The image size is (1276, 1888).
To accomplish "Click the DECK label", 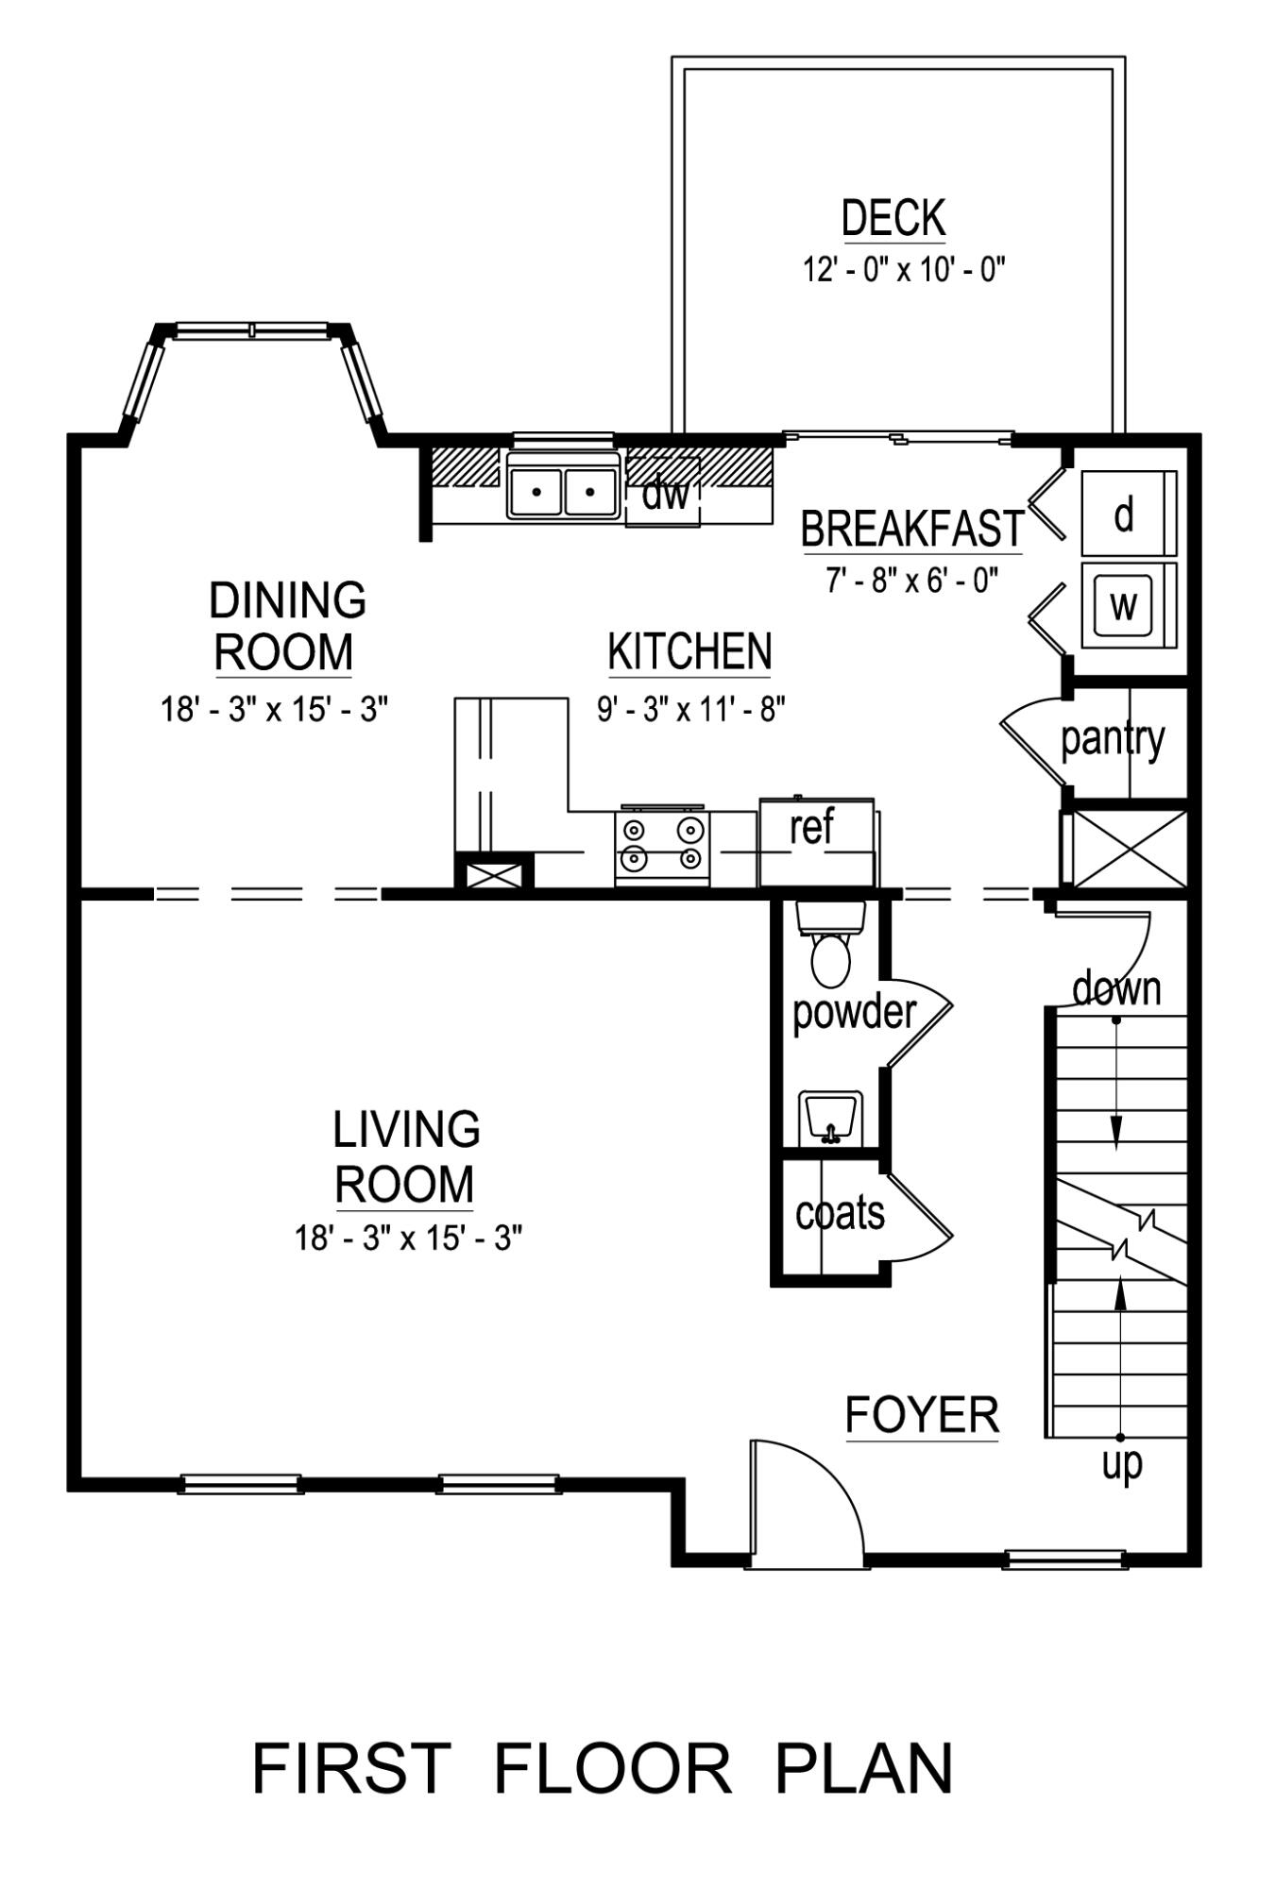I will point(893,218).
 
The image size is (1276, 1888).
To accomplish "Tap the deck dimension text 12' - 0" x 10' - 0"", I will point(904,271).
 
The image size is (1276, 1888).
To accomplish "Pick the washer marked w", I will point(1123,605).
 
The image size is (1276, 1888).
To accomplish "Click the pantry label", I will point(1113,739).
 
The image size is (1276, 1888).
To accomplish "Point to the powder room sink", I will point(830,1120).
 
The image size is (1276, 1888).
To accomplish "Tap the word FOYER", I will point(921,1415).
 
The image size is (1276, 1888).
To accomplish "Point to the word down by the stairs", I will point(1116,988).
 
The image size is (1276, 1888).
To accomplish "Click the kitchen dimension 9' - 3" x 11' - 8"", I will point(690,707).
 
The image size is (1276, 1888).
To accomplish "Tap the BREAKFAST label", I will point(912,529).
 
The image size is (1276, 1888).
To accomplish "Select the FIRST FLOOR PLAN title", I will point(603,1769).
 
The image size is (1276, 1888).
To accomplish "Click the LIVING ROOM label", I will point(405,1156).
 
